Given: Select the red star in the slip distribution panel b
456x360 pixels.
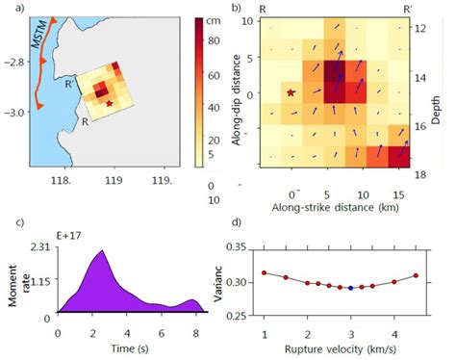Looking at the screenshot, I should click(291, 92).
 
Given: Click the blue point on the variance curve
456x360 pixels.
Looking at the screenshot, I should click(350, 288).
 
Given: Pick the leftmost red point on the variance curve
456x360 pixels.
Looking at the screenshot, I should click(265, 273).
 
